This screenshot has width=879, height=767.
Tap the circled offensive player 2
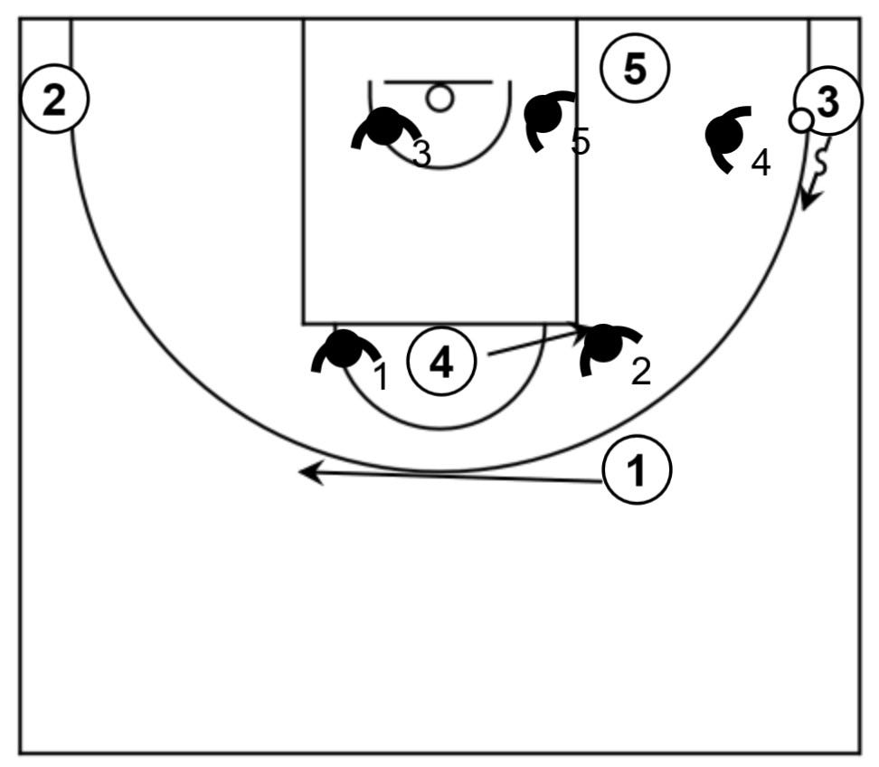click(55, 99)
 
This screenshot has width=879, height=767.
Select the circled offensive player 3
click(827, 102)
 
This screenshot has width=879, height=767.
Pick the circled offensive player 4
click(441, 363)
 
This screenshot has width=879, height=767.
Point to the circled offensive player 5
click(636, 70)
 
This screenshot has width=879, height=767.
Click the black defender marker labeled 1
click(344, 350)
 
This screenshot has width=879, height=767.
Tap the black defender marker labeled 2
click(604, 345)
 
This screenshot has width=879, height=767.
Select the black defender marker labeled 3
click(385, 127)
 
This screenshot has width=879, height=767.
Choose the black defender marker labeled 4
click(726, 135)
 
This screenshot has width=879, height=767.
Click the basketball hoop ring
click(440, 98)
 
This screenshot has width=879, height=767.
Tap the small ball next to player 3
click(799, 119)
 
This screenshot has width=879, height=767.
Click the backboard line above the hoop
click(439, 81)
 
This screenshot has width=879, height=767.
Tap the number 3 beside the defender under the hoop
click(421, 154)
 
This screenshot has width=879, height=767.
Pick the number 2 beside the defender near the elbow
click(641, 372)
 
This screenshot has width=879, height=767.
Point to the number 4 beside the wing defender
click(761, 164)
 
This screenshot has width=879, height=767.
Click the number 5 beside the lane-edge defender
click(581, 141)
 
